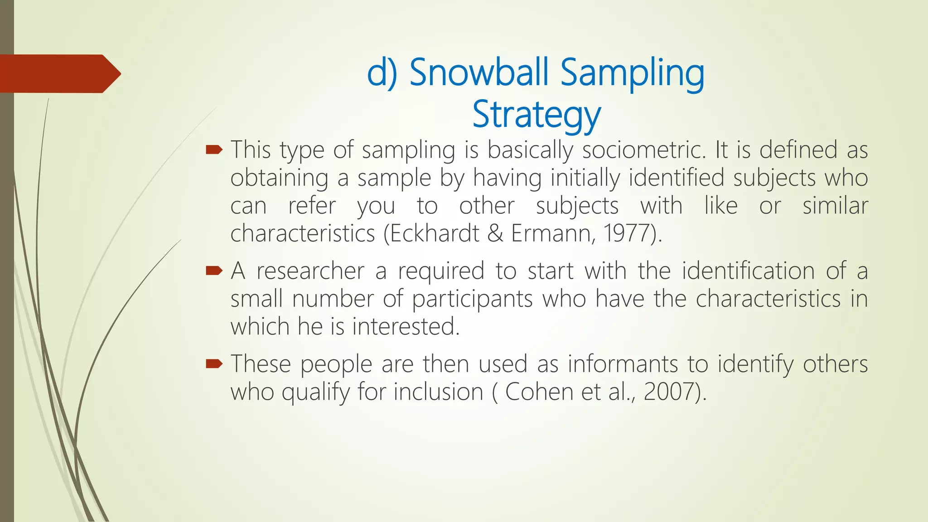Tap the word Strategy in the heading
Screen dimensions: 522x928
click(536, 115)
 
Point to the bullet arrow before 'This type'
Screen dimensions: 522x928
click(214, 150)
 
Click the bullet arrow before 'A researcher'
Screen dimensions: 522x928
click(214, 271)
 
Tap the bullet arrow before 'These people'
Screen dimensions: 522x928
click(214, 363)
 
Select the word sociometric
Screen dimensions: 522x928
click(643, 150)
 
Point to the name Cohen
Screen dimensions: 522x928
click(539, 391)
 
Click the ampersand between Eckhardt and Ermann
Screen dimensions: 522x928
click(495, 234)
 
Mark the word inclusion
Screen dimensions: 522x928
click(438, 391)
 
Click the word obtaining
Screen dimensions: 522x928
click(279, 178)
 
